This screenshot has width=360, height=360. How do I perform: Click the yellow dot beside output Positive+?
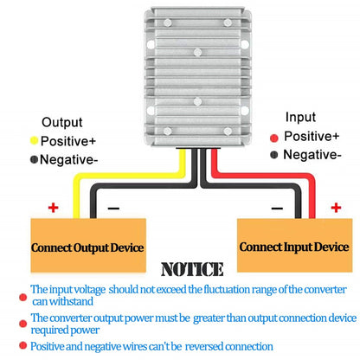click(34, 140)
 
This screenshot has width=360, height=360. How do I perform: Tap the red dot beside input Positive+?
click(274, 138)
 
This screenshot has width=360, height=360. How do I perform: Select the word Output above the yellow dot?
click(62, 123)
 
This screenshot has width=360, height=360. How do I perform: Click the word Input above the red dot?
click(300, 117)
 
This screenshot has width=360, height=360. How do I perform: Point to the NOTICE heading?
click(192, 269)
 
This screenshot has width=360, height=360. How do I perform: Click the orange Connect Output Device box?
click(88, 245)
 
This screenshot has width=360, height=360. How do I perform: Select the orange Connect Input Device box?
click(294, 245)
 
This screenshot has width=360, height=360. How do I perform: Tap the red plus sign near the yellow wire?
click(53, 208)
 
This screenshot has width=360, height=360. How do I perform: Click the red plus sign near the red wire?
click(336, 208)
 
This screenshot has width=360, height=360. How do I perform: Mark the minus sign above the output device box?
click(113, 209)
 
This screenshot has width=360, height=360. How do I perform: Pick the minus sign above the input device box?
click(277, 209)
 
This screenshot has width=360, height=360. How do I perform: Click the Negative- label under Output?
click(69, 159)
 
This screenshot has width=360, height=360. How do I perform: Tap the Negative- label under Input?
click(312, 155)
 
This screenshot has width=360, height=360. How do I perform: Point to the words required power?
click(65, 330)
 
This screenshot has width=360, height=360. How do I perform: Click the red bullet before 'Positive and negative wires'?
click(22, 345)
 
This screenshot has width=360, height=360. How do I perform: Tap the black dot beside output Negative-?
click(34, 159)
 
